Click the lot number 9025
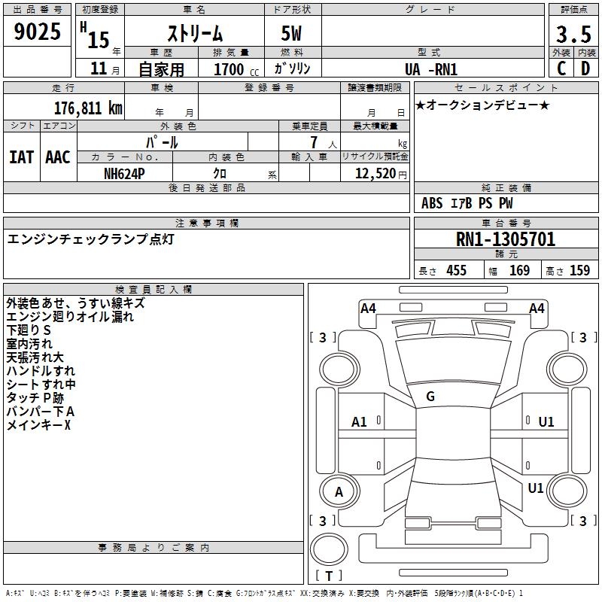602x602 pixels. (x=37, y=32)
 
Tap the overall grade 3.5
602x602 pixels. (x=573, y=35)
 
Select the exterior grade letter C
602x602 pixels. (x=561, y=68)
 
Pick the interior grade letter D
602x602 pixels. (x=585, y=68)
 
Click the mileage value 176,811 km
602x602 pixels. (x=88, y=108)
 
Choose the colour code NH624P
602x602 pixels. (x=125, y=173)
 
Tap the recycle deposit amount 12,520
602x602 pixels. (x=376, y=173)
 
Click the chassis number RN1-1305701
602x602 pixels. (x=506, y=239)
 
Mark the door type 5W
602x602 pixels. (x=292, y=35)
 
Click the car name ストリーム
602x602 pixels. (x=194, y=35)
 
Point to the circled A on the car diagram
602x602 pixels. (x=339, y=491)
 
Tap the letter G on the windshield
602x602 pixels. (x=430, y=397)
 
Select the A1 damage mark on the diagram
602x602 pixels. (x=360, y=422)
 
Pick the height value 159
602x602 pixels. (x=579, y=270)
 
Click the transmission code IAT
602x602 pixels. (x=21, y=157)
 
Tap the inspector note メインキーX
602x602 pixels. (x=38, y=425)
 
